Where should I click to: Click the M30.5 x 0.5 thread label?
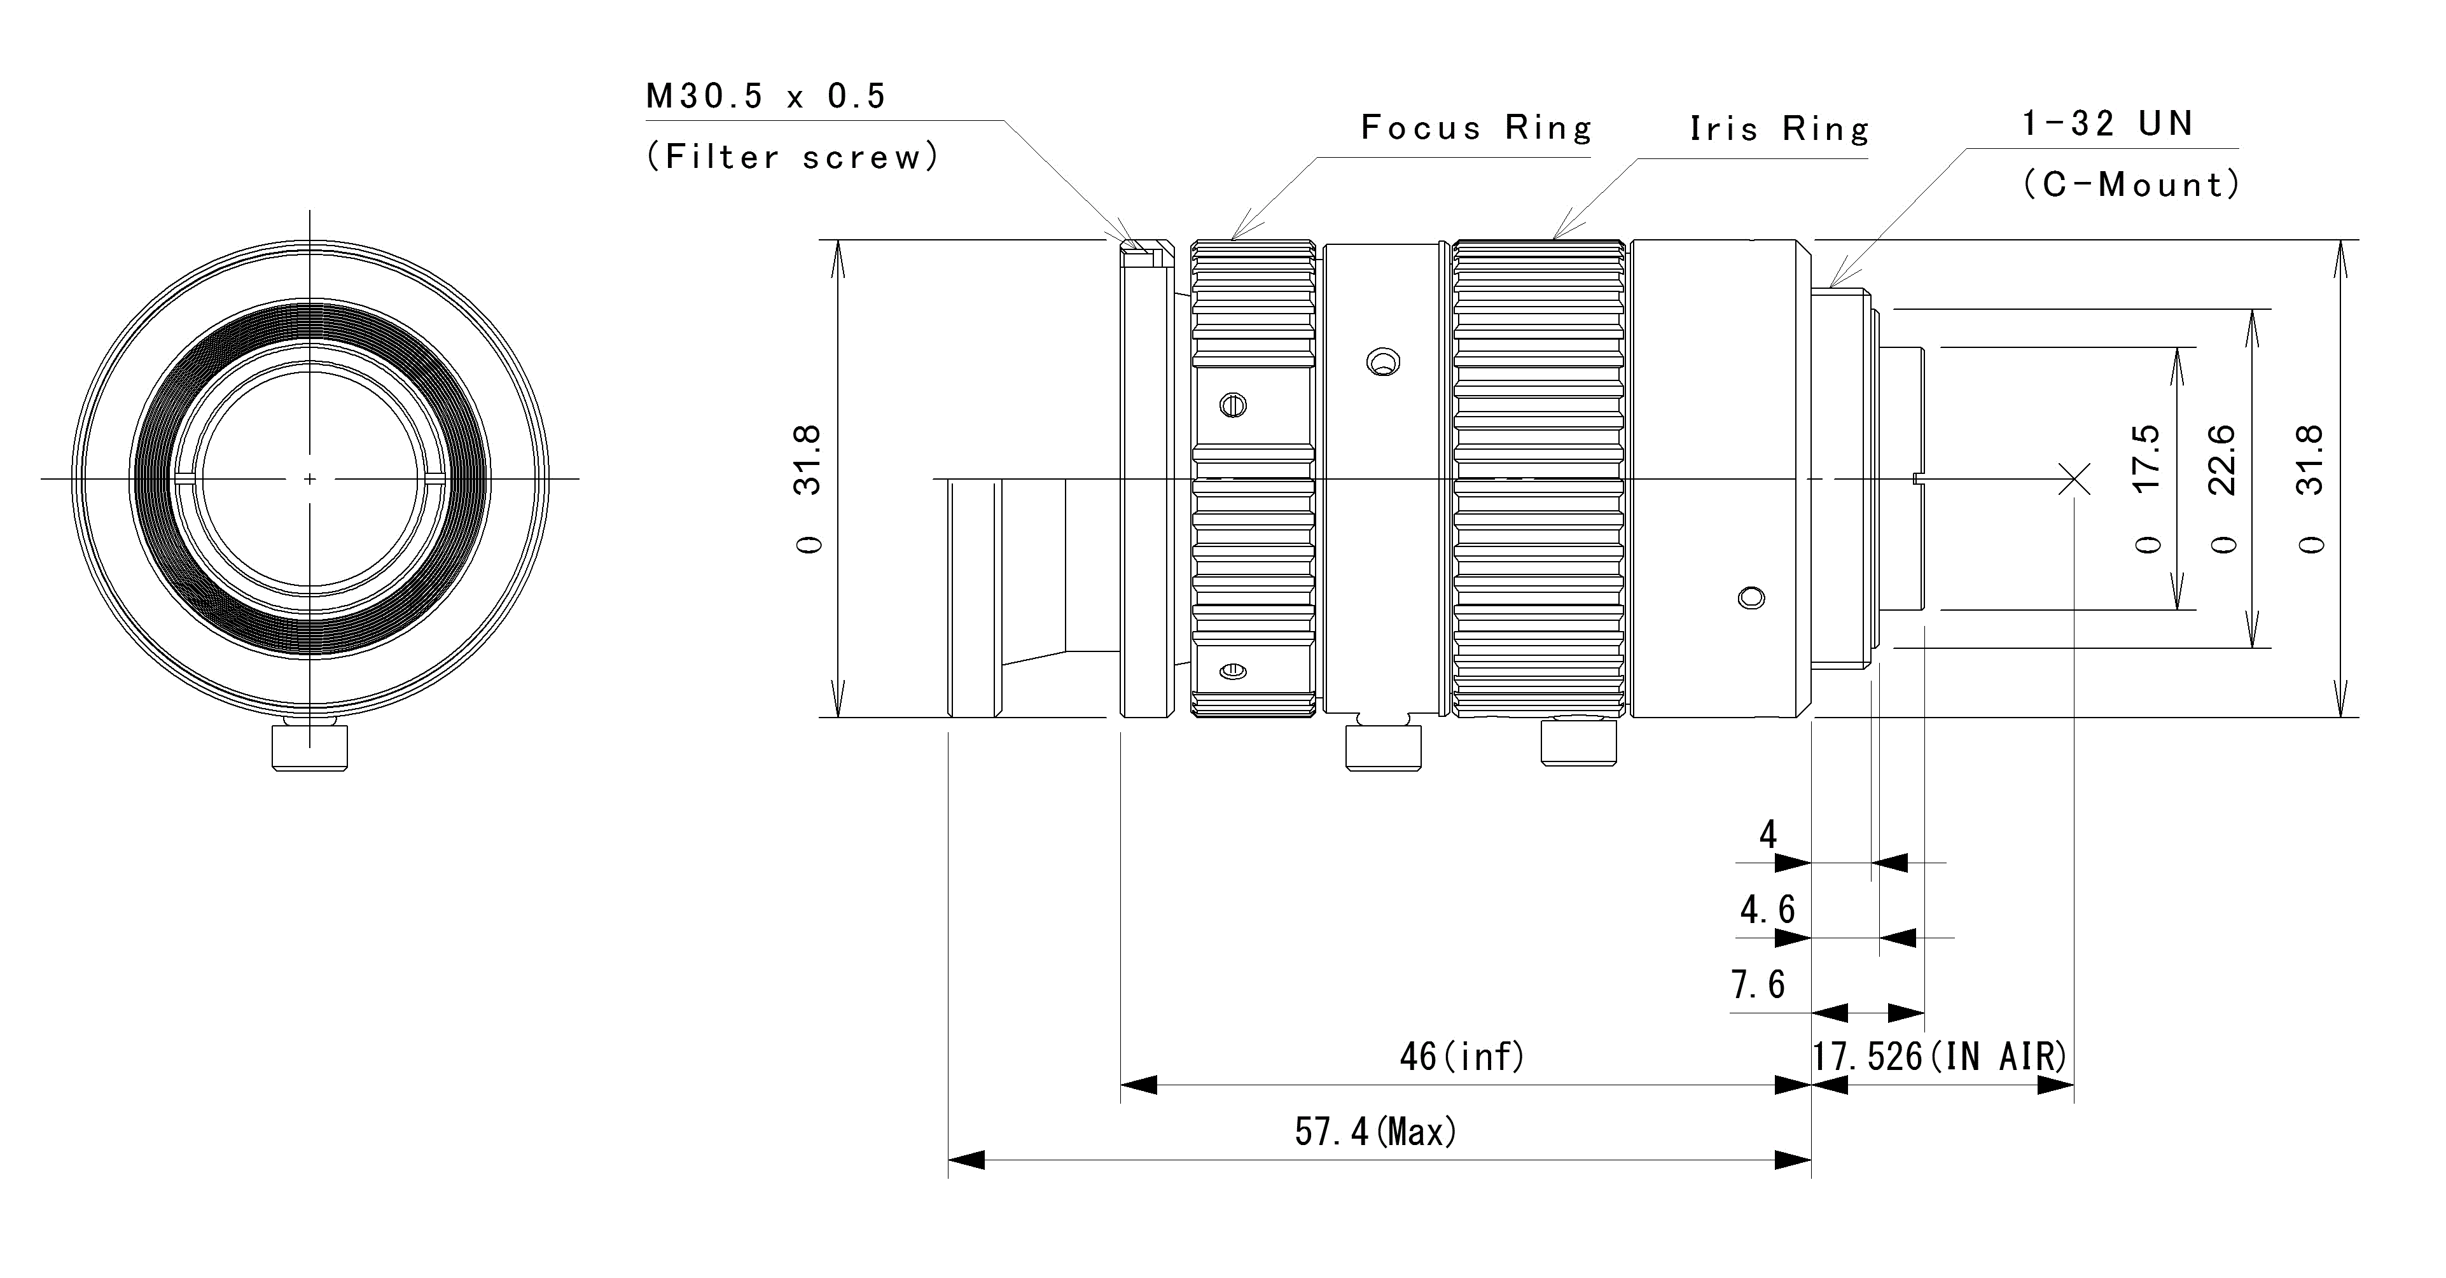click(765, 96)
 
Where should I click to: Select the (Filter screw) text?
click(793, 156)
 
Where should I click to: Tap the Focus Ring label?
click(1477, 127)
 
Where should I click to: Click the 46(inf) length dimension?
click(1463, 1056)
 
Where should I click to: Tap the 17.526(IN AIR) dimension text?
click(1940, 1056)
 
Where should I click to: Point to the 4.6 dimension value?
click(1767, 910)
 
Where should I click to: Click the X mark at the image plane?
click(2074, 478)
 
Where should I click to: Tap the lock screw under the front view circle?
click(310, 746)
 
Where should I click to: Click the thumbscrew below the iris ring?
click(1577, 742)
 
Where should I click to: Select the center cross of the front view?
click(310, 478)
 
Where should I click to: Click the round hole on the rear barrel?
click(1751, 598)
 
